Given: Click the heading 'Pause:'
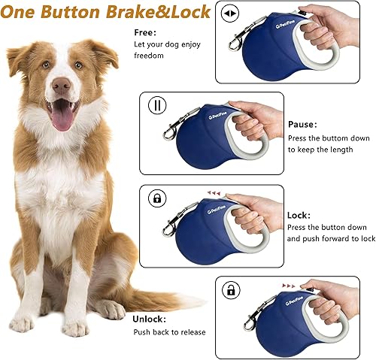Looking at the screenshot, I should pyautogui.click(x=303, y=123).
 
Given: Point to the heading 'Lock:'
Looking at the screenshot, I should pyautogui.click(x=299, y=215).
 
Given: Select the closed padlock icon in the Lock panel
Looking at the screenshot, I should pyautogui.click(x=158, y=198).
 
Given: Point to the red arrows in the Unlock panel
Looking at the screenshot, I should pyautogui.click(x=290, y=286).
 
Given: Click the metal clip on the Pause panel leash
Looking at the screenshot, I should pyautogui.click(x=169, y=135).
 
